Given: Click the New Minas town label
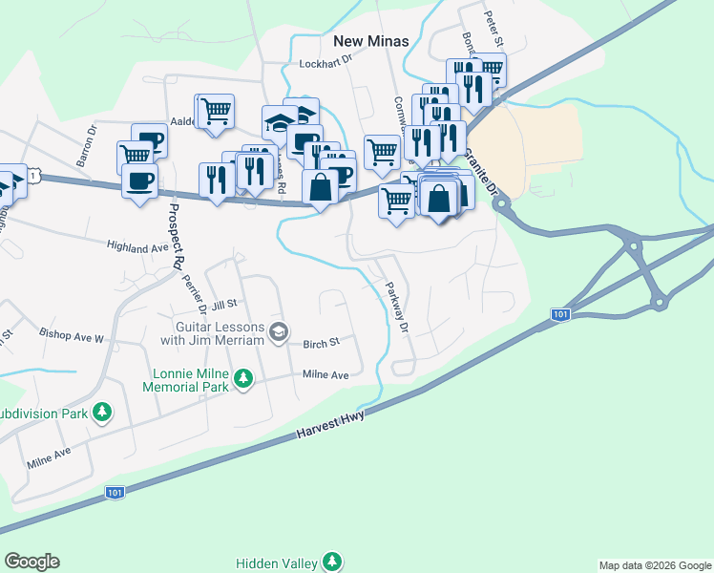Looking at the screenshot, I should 370,41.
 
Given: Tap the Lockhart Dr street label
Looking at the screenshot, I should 326,65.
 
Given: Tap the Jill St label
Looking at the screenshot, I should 223,305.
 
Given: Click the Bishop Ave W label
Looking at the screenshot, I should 71,336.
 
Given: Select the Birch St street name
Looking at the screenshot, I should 321,343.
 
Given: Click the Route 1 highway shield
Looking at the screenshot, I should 34,177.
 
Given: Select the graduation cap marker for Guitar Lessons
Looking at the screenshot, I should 279,332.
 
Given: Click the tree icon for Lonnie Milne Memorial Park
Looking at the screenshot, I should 244,380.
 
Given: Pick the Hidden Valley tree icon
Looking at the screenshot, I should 331,562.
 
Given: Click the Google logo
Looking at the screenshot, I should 31,562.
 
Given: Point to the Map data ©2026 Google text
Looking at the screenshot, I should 654,565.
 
